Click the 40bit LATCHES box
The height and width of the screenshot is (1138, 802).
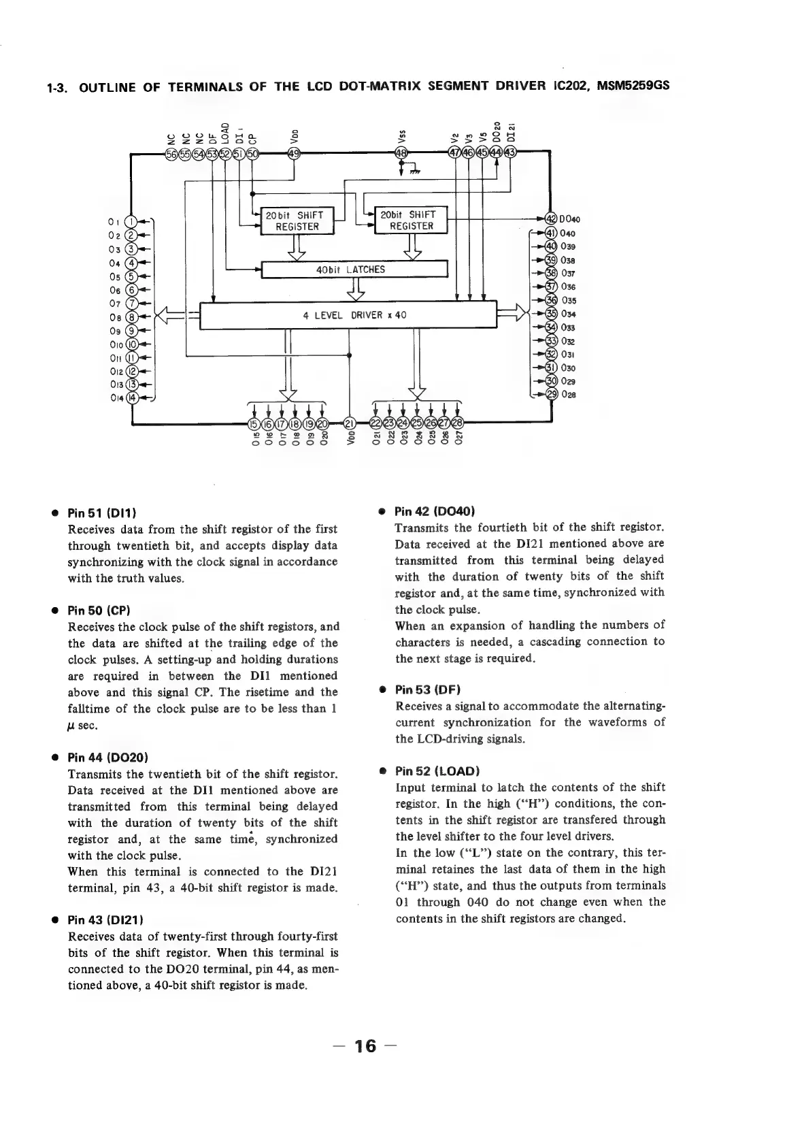coord(353,270)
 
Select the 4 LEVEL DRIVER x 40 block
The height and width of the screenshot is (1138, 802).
coord(348,315)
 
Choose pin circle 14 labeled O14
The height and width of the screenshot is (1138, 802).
coord(133,397)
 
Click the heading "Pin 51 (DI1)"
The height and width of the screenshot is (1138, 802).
coord(106,513)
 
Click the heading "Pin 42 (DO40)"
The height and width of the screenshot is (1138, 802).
coord(435,511)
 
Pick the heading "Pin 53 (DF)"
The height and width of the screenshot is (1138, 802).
coord(429,689)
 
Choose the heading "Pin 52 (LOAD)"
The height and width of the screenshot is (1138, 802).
coord(437,771)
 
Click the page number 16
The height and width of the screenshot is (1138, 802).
coord(365,1045)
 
